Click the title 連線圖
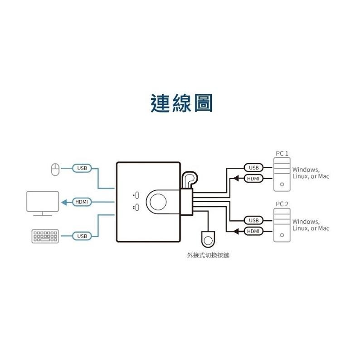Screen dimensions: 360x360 pos(181,103)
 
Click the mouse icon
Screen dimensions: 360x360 pos(55,169)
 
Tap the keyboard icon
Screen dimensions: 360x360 pos(45,236)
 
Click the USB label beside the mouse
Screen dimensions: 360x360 pos(82,168)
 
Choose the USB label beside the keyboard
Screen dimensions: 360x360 pos(82,236)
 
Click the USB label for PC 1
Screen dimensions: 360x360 pos(253,168)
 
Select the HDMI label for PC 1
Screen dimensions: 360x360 pos(253,178)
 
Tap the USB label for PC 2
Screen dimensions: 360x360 pos(253,220)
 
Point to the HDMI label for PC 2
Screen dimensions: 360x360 pos(253,231)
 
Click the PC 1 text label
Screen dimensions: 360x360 pos(282,154)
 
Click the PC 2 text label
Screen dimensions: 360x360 pos(282,204)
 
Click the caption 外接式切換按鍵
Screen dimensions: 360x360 pos(208,255)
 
